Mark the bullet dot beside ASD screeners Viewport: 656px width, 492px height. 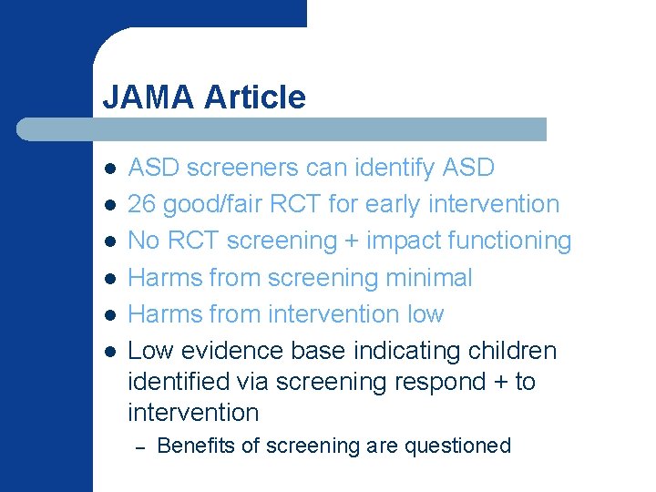tap(108, 169)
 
